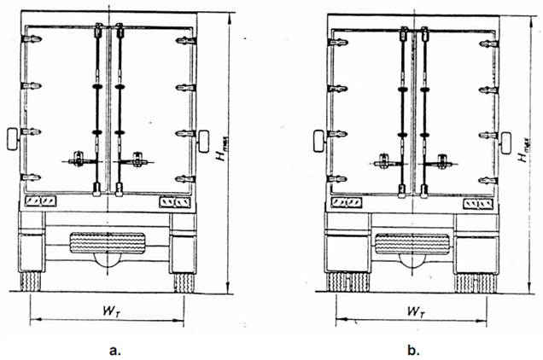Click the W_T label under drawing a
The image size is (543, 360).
coord(112,311)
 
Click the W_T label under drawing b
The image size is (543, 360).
coord(416,311)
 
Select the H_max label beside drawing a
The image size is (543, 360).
coord(222,148)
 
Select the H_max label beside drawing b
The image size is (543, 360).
coord(524,150)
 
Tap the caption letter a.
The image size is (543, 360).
coord(115,351)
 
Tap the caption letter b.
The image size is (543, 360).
coord(413,350)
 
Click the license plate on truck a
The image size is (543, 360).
coord(108,242)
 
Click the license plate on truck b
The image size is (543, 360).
coord(412,244)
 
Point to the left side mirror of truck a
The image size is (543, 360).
coord(13,139)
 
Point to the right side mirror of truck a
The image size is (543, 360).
coord(203,142)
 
